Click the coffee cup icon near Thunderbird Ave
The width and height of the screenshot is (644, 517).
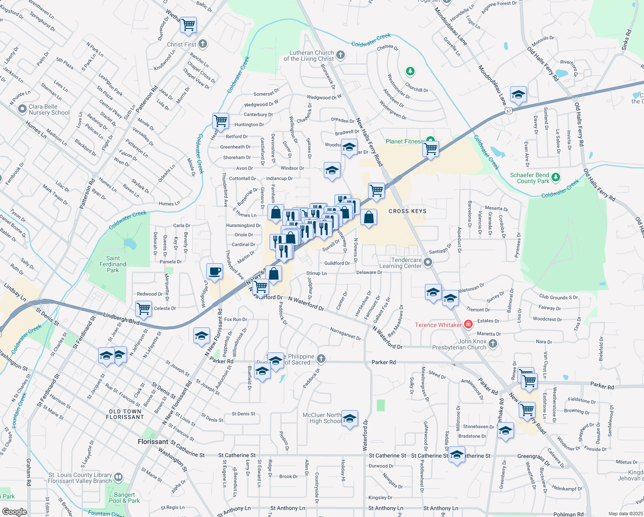point(214,272)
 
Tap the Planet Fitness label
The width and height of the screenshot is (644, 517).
point(404,141)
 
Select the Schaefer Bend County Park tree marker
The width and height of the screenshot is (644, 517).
point(556,177)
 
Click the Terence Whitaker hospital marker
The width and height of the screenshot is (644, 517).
point(468,324)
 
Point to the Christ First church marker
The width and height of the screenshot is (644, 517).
point(203,44)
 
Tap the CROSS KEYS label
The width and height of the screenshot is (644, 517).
point(407,211)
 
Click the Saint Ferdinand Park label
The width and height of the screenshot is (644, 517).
point(113,264)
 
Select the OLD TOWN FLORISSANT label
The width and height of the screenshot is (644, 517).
point(125,414)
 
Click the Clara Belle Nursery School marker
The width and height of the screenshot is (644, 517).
point(22,109)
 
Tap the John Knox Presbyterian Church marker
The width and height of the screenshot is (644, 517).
point(493,344)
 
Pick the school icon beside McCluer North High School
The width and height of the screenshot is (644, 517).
point(350,418)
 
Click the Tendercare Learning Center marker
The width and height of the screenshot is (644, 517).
point(427,262)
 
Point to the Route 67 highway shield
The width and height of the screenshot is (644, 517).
point(509,111)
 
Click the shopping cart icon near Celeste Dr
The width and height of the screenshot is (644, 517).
point(143,308)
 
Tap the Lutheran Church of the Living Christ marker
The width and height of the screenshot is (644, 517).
point(341,55)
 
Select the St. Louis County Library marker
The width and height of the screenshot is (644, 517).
point(118,477)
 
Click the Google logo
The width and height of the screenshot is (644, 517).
point(14,512)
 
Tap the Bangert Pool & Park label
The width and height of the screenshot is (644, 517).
point(124,498)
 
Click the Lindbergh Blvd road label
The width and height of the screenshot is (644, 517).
point(121,319)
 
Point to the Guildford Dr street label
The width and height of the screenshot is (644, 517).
point(337,263)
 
